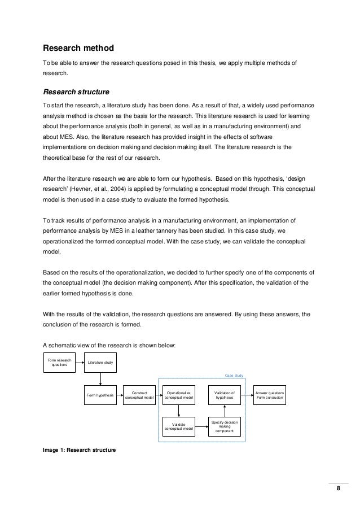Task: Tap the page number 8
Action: [339, 489]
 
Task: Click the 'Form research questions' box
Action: [60, 361]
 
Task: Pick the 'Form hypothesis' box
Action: [100, 396]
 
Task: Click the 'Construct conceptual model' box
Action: [139, 395]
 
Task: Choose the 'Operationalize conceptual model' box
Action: [179, 395]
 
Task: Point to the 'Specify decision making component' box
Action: [225, 427]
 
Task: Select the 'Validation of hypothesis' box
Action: [225, 395]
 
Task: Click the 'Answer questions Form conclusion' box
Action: [270, 395]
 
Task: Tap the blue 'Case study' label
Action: [234, 374]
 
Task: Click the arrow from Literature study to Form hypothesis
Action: [100, 378]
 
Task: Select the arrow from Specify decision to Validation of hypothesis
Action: [225, 411]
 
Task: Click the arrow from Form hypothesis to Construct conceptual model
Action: [120, 396]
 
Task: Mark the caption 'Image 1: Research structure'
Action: [79, 450]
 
